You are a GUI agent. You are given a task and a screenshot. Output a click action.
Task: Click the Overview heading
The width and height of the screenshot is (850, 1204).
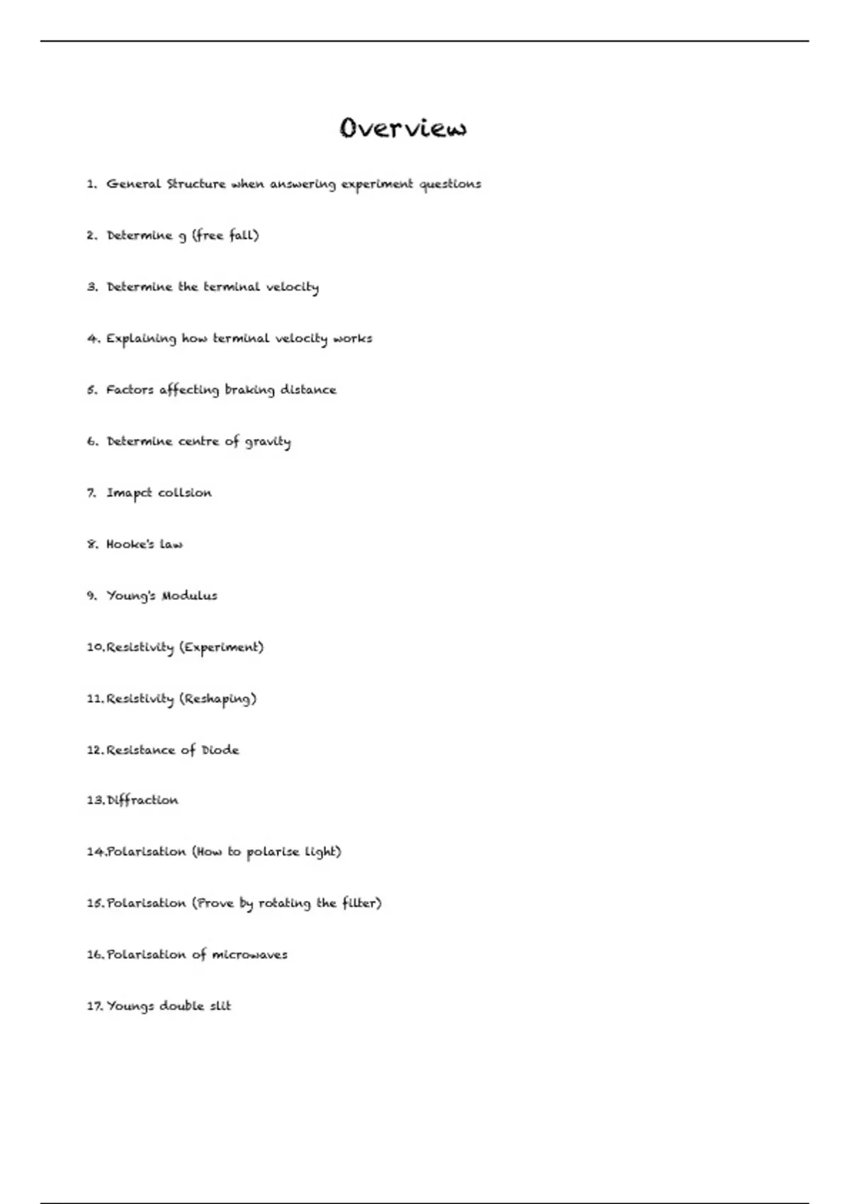tap(403, 128)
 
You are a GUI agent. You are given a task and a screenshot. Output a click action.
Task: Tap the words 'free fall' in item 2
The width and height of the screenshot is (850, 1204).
tap(225, 235)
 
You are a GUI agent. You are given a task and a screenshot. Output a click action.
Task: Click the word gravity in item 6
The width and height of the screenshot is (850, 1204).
tap(268, 442)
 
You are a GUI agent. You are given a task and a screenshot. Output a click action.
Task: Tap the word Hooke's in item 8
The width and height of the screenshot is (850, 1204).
tap(130, 544)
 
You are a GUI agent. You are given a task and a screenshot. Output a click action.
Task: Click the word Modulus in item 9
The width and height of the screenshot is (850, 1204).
tap(189, 596)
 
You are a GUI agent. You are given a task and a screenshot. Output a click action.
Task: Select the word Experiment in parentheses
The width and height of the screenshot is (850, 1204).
tap(221, 647)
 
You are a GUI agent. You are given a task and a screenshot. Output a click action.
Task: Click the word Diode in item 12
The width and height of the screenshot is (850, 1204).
tap(220, 750)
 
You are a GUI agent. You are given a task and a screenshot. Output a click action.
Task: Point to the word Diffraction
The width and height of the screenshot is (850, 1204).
tap(142, 800)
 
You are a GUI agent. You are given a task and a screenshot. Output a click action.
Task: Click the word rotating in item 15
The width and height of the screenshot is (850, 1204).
tap(284, 903)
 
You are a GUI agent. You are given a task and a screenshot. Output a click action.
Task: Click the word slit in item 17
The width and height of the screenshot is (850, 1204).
tap(220, 1006)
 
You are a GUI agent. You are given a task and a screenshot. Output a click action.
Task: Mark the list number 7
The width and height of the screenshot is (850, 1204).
tap(91, 493)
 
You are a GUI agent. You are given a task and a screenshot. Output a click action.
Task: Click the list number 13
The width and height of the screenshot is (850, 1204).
tap(95, 800)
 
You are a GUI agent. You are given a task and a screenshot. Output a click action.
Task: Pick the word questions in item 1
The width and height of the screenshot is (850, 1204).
tap(450, 184)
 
